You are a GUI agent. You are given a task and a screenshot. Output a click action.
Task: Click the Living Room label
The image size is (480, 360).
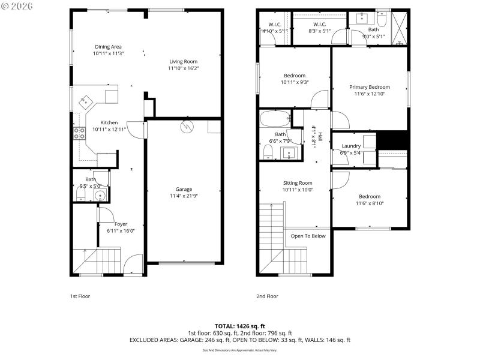(x=183, y=61)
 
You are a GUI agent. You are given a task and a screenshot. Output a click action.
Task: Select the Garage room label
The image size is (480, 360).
(x=184, y=189)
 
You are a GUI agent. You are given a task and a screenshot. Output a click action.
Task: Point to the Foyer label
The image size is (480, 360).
(x=121, y=224)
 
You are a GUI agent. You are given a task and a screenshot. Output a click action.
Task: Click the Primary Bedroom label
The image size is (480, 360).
(x=370, y=87)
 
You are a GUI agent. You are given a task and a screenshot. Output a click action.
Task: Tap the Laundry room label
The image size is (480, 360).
(x=351, y=146)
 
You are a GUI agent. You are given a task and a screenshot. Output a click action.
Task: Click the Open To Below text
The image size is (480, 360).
(x=308, y=236)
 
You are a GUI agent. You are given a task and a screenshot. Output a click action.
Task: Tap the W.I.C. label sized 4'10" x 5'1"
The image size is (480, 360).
(x=275, y=25)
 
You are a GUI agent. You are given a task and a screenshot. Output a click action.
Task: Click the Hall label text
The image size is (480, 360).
(x=320, y=137)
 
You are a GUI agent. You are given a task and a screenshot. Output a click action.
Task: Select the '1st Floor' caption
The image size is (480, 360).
(x=80, y=296)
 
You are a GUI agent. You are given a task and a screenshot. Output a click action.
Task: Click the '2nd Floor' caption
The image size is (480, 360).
(x=268, y=296)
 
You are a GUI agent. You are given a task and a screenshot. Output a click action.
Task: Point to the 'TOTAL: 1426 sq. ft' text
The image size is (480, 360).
(x=240, y=326)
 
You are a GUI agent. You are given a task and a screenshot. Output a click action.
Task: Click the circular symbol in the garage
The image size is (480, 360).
(x=187, y=127)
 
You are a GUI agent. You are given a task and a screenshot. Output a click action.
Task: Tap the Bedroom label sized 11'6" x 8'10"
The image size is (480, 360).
(x=370, y=197)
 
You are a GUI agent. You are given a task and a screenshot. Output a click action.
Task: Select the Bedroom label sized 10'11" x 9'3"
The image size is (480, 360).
(x=295, y=76)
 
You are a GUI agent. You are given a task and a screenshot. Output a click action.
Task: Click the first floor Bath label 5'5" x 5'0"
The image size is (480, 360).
(x=91, y=179)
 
